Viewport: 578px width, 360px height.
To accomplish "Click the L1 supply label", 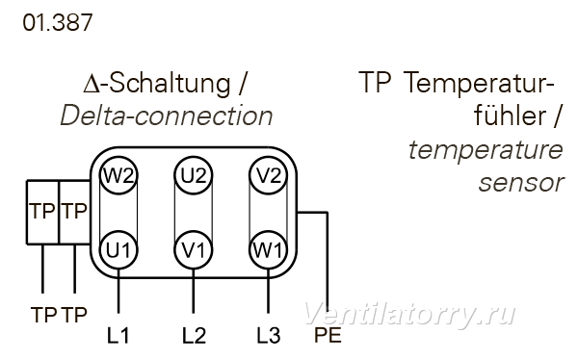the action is (118, 335).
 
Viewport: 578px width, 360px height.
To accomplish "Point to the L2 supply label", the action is (195, 335).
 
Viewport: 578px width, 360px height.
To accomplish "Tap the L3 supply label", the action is (269, 335).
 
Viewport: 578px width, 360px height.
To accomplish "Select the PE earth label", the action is (328, 335).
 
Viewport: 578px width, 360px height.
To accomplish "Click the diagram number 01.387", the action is (58, 22).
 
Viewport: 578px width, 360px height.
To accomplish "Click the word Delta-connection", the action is (167, 116).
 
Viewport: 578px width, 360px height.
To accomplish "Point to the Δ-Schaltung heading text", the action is (157, 84).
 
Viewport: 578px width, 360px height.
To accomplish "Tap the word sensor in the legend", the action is (521, 183).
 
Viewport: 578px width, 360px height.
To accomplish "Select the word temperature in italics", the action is (486, 150).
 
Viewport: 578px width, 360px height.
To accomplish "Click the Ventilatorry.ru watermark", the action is (409, 315).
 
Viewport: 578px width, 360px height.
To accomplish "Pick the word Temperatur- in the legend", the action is (479, 84).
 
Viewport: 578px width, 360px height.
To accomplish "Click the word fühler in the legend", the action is (510, 116).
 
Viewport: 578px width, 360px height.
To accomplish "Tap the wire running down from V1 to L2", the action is (194, 292).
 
